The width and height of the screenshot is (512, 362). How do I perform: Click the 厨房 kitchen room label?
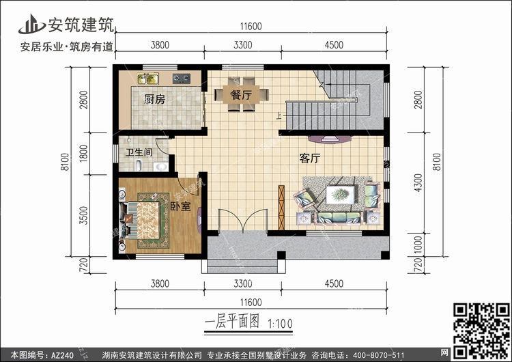point(154,99)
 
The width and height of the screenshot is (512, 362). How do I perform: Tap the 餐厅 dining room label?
point(241,95)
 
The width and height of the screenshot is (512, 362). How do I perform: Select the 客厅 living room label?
point(310,158)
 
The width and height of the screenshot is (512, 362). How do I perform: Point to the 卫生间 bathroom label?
point(139,152)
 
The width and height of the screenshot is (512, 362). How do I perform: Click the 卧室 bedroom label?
point(181,206)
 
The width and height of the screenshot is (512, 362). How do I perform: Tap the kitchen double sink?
point(148,79)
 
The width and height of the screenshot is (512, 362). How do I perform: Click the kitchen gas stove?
point(182,79)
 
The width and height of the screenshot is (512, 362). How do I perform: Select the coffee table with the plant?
point(341,195)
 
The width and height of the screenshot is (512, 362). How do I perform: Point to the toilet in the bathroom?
point(138,165)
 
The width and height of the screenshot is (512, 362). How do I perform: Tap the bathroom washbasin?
point(161,167)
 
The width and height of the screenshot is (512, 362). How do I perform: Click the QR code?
point(482,331)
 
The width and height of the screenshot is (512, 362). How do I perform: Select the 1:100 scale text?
point(280,324)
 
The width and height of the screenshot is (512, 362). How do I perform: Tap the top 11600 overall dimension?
point(251,26)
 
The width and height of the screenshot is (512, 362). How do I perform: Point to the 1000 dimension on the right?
point(418,245)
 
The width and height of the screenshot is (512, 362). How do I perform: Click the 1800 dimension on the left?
point(83,154)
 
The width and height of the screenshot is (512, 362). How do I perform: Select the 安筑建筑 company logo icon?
point(32,24)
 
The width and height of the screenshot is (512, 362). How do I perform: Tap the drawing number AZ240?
point(62,355)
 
